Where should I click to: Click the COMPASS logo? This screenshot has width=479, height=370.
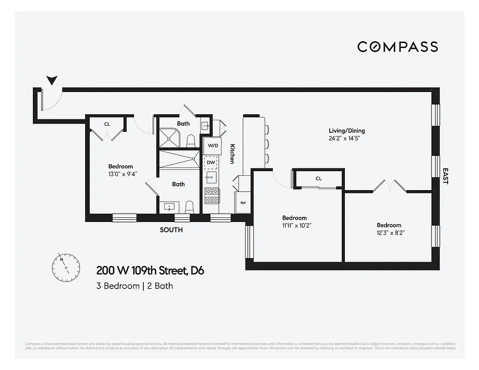[x=398, y=47]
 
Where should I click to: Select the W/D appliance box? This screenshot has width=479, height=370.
[x=213, y=146]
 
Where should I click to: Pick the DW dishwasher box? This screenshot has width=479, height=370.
[x=211, y=162]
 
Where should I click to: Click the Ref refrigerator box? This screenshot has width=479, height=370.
[x=243, y=203]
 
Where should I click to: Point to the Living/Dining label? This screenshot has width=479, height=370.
[x=347, y=130]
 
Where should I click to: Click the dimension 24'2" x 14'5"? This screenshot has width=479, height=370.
[x=347, y=138]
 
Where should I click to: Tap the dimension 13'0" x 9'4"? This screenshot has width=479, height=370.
[x=121, y=174]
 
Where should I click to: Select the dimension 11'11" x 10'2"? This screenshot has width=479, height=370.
[x=295, y=226]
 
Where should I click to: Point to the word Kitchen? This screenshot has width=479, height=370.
[x=233, y=153]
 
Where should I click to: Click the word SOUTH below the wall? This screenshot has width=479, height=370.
[x=171, y=230]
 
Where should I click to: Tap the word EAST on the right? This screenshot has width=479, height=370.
[x=445, y=176]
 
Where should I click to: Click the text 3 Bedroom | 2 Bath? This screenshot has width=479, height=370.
[x=135, y=286]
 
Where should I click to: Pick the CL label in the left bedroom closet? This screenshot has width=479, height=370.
[x=107, y=124]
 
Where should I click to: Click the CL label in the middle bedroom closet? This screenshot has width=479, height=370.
[x=319, y=178]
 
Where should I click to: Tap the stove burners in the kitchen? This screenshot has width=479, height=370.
[x=211, y=196]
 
